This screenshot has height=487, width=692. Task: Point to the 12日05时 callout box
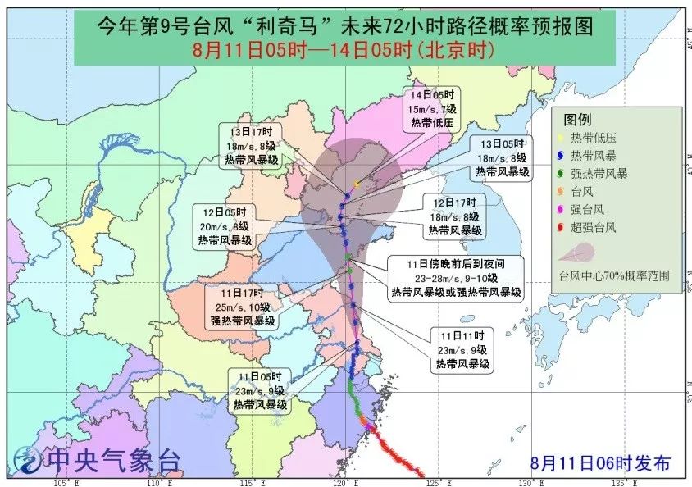225,226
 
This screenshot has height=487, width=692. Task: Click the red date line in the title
342,51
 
